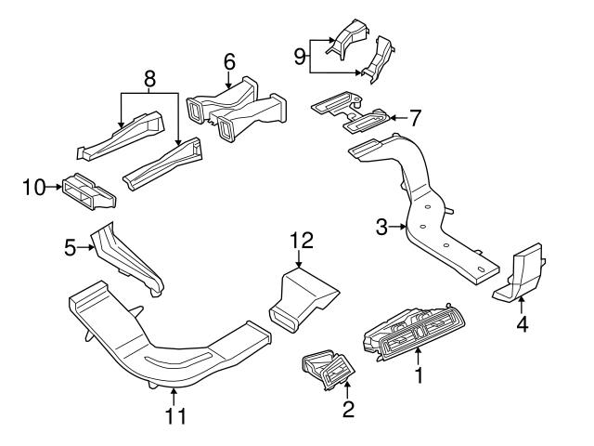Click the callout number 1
point(418,375)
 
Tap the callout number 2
point(348,410)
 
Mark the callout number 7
point(416,118)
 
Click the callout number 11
point(174,415)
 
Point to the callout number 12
point(302,241)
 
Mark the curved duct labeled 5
point(129,261)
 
